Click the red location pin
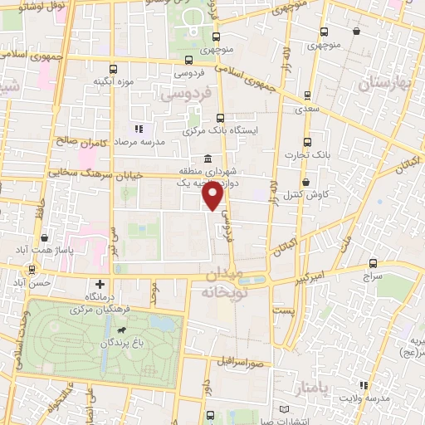pos(213,196)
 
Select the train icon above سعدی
pos(308,95)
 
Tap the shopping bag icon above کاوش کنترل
pos(306,182)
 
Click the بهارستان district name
pos(385,85)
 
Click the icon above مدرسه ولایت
pos(362,385)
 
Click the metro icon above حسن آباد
pos(32,269)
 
